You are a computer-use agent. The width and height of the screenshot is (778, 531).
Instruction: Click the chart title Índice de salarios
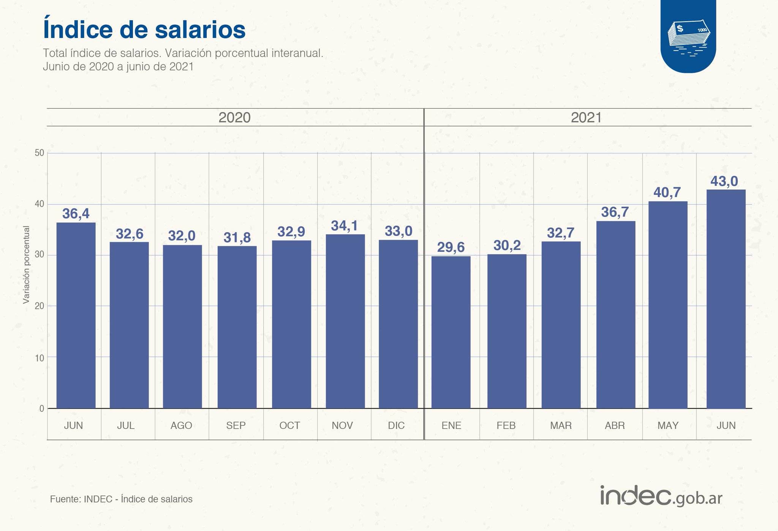144,30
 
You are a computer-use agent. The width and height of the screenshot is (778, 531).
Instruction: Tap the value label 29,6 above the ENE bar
451,247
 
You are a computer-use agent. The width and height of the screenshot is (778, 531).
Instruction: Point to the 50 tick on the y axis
40,153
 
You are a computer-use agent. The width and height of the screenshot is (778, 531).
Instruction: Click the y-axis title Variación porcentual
26,265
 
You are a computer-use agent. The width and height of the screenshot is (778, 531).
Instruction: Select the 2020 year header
234,117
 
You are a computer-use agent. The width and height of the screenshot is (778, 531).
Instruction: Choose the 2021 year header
586,117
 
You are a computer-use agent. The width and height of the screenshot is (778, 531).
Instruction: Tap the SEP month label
236,425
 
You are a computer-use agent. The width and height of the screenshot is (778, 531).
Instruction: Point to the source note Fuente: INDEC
121,499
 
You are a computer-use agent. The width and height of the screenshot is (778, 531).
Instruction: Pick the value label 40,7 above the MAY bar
667,193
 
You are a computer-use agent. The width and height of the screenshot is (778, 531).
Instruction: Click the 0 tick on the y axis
42,409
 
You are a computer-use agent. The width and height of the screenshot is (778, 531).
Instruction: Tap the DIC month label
396,425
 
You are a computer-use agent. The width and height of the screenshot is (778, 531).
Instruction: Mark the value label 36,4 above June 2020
76,214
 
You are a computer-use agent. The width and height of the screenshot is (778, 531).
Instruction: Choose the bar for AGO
182,327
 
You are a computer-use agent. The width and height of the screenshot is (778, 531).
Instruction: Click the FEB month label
506,425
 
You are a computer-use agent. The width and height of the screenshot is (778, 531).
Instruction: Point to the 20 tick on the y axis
40,306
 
